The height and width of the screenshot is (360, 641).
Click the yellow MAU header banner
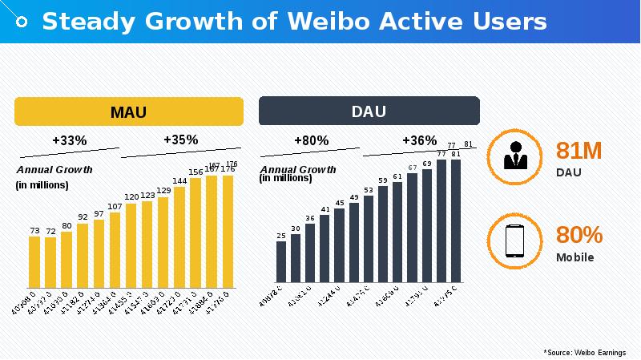pyautogui.click(x=128, y=111)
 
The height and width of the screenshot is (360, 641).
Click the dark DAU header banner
pyautogui.click(x=369, y=111)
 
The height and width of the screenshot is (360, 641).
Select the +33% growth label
pyautogui.click(x=69, y=140)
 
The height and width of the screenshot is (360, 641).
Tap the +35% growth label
pyautogui.click(x=180, y=140)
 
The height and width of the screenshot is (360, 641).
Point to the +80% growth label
pyautogui.click(x=311, y=140)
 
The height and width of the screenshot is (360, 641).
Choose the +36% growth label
pyautogui.click(x=419, y=140)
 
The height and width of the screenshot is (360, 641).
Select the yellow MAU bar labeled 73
pyautogui.click(x=34, y=261)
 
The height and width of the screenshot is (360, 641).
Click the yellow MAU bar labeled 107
pyautogui.click(x=115, y=249)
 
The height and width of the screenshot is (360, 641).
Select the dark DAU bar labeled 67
pyautogui.click(x=412, y=228)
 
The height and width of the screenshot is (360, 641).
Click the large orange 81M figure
pyautogui.click(x=579, y=151)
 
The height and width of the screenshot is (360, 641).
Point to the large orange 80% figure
pyautogui.click(x=579, y=235)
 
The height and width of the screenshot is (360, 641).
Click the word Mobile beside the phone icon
pyautogui.click(x=575, y=257)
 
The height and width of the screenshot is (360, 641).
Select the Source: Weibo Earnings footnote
pyautogui.click(x=585, y=352)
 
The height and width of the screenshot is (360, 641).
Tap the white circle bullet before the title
pyautogui.click(x=23, y=22)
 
